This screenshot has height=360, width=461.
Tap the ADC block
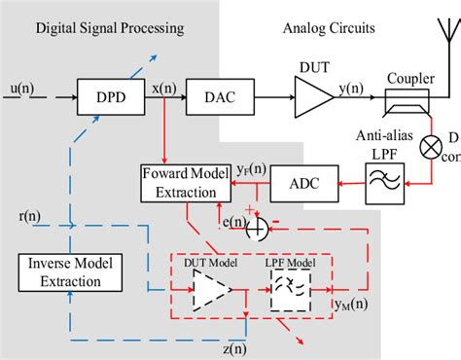299,180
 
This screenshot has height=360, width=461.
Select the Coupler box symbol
403,98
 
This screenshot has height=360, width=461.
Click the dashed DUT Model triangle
210,289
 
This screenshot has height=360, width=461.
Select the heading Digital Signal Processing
109,29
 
